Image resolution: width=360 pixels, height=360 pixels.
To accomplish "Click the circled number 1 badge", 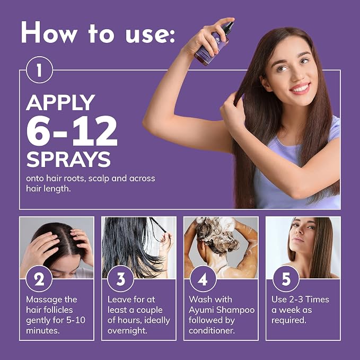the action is point(39,70).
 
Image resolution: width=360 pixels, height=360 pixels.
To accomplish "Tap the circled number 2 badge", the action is point(39,279).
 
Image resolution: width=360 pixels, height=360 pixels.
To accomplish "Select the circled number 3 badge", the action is point(121,279).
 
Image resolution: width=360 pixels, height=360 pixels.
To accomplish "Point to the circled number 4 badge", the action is point(203,279).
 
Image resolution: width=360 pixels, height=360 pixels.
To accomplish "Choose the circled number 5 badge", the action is point(286,279).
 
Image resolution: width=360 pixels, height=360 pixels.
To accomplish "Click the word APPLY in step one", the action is point(60,103).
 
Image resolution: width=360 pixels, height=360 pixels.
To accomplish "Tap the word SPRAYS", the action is point(68,160).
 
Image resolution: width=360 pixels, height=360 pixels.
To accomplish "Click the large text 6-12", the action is point(72,131).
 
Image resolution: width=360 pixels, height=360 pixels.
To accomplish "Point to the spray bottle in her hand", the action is point(214,43).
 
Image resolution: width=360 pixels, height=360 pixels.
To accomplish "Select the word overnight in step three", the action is point(127,331).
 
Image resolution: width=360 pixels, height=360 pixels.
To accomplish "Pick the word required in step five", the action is point(288,321).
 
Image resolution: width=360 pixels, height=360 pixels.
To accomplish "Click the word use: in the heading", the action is point(150,34).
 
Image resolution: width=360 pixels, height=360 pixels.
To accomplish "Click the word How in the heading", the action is point(49,32).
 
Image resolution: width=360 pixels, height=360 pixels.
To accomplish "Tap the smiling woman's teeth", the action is point(300,88).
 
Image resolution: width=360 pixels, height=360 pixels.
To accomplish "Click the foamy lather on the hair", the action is point(217,234).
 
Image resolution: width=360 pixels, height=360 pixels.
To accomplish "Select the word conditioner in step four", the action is point(212,331).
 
